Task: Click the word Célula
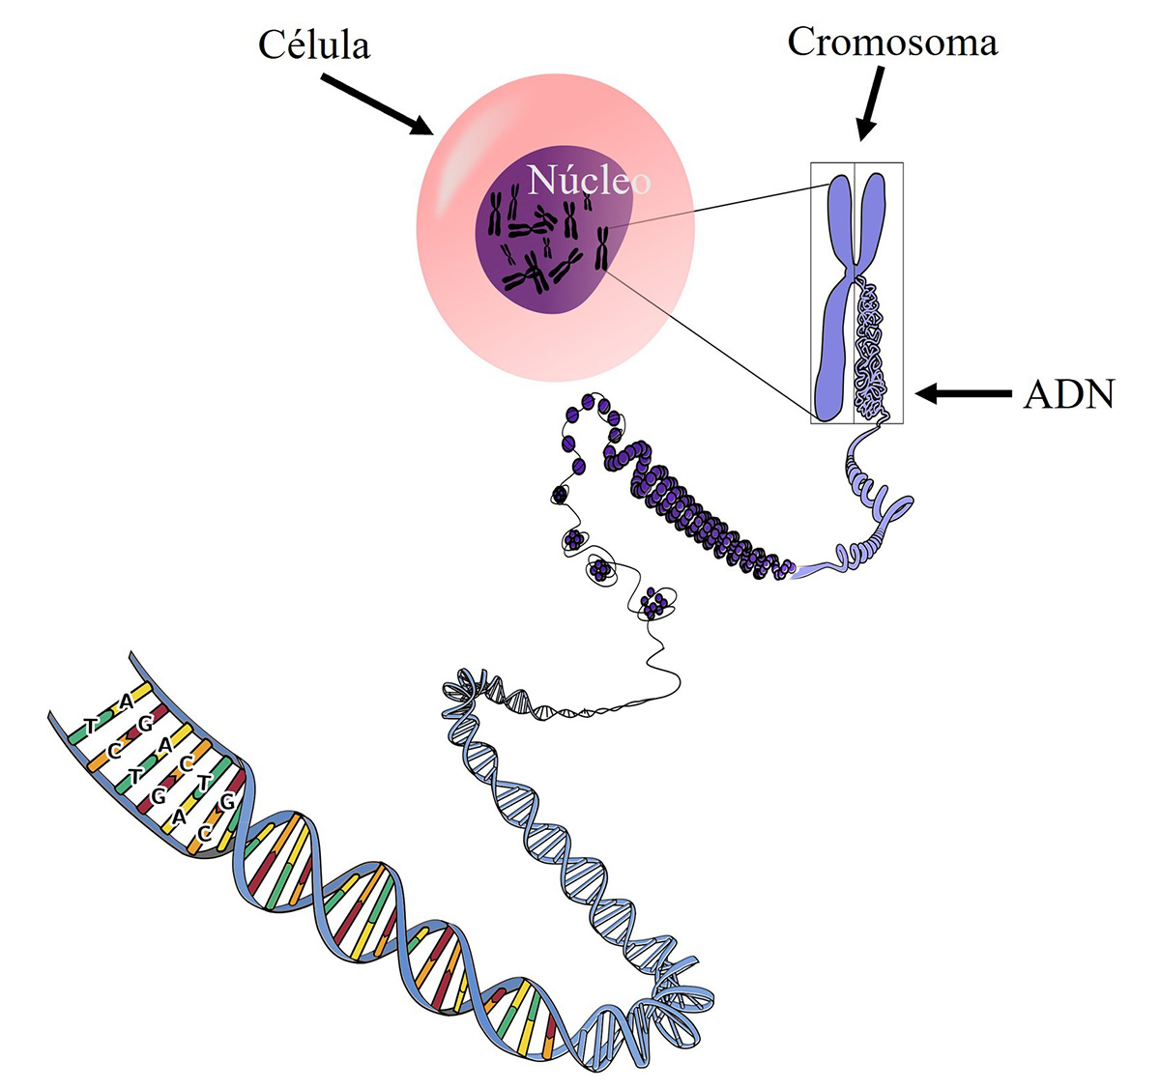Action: pos(314,45)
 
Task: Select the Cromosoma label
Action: pos(892,42)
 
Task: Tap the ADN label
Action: pos(1068,394)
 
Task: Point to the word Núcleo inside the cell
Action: pos(589,181)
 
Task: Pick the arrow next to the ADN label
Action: pos(963,393)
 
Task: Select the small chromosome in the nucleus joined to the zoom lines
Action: pos(601,248)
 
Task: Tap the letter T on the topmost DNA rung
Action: pos(91,725)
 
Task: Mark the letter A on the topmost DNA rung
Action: pos(127,702)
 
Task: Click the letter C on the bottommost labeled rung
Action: pos(205,833)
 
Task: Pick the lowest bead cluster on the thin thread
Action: pos(656,604)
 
